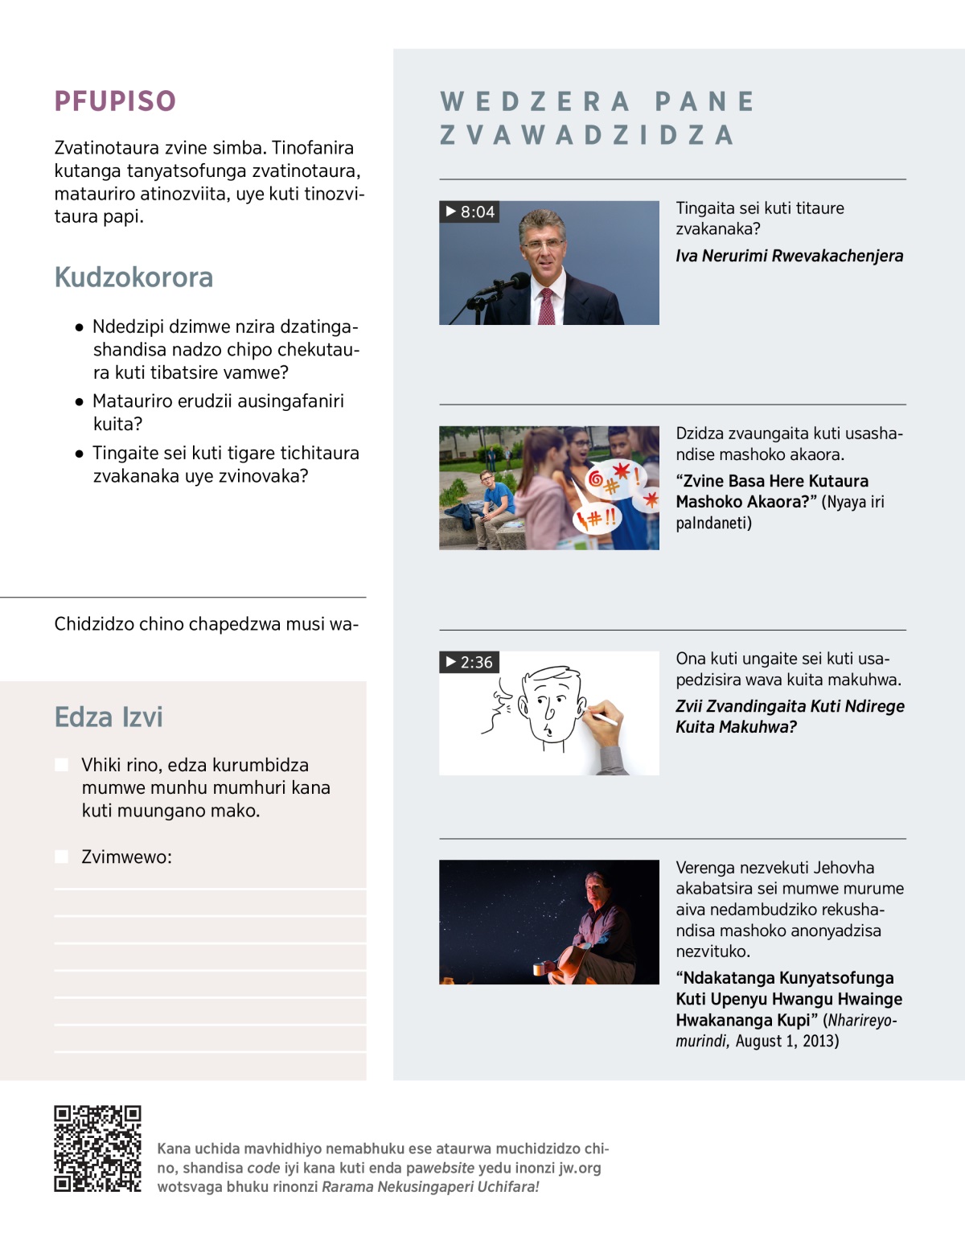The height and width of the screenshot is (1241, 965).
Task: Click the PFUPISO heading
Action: pyautogui.click(x=115, y=101)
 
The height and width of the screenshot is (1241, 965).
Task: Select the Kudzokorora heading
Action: pyautogui.click(x=133, y=277)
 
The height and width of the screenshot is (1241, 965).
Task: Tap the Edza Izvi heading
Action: pyautogui.click(x=109, y=717)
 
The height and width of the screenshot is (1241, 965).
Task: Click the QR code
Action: pyautogui.click(x=97, y=1149)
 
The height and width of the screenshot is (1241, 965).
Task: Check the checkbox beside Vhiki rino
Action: pyautogui.click(x=61, y=765)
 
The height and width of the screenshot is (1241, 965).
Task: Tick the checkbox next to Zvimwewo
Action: pyautogui.click(x=61, y=857)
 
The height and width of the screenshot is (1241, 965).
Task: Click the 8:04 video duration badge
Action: pyautogui.click(x=470, y=212)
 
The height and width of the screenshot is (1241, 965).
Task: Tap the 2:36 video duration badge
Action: pyautogui.click(x=470, y=662)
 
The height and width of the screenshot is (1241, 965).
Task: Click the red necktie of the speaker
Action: pyautogui.click(x=547, y=306)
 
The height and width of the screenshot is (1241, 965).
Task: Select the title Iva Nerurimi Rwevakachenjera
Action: pyautogui.click(x=789, y=256)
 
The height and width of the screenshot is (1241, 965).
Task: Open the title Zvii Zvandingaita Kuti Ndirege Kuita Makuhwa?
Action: pyautogui.click(x=789, y=716)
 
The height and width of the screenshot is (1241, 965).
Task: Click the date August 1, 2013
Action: pyautogui.click(x=786, y=1041)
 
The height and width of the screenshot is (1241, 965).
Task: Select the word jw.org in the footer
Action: pyautogui.click(x=580, y=1168)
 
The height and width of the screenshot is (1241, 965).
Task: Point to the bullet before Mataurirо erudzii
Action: pyautogui.click(x=79, y=401)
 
